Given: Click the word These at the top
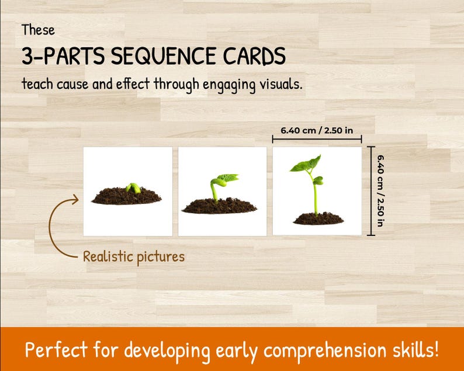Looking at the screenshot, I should click(38, 30).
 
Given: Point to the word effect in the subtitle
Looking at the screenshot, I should click(131, 84).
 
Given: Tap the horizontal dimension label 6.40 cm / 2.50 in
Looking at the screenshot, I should click(316, 130).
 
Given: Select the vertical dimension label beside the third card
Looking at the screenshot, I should click(381, 191).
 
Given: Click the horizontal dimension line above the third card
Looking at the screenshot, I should click(317, 140).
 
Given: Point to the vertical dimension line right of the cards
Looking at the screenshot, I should click(370, 191).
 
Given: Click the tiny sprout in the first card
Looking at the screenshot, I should click(134, 188).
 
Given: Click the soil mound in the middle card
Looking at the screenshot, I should click(219, 206).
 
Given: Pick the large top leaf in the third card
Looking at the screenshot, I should click(306, 165).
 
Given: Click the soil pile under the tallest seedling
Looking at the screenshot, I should click(317, 219).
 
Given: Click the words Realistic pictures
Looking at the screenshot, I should click(133, 256).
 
